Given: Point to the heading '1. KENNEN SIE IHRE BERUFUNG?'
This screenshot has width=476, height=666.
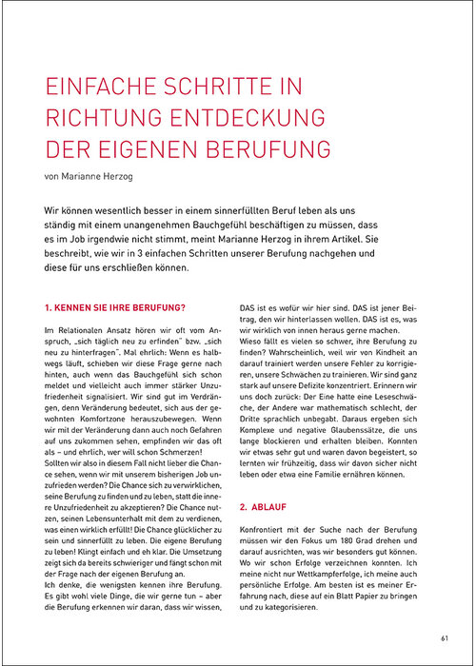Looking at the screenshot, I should pyautogui.click(x=115, y=308).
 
